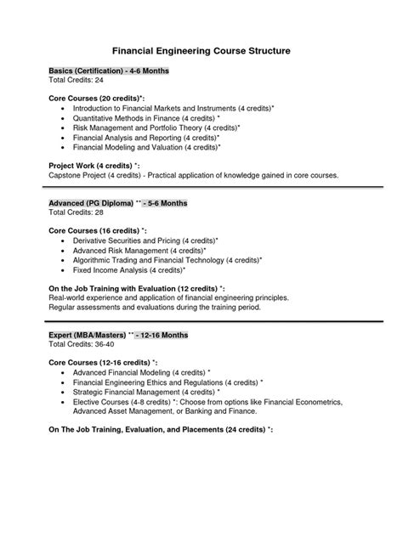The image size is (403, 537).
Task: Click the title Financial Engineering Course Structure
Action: pyautogui.click(x=201, y=50)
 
